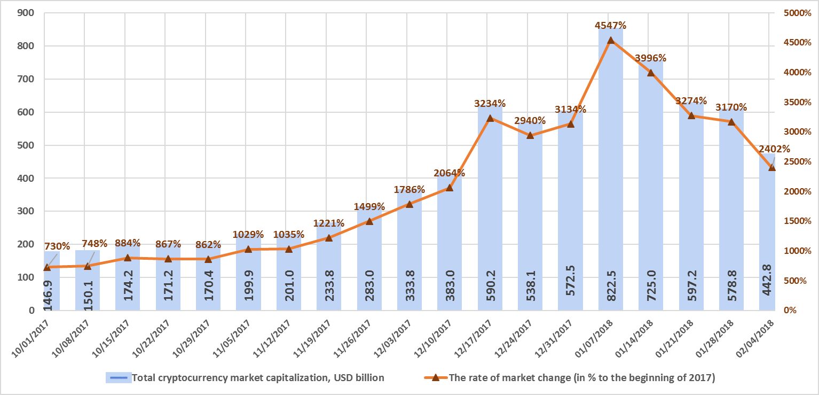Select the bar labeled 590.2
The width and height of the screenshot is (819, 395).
coord(490,214)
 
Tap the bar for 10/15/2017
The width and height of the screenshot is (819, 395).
coord(128,278)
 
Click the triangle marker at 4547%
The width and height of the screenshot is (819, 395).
coord(611,40)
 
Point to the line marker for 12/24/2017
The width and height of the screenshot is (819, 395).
coord(530,135)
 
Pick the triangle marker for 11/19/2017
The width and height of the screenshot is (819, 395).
coord(329,238)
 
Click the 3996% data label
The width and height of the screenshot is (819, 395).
coord(651,58)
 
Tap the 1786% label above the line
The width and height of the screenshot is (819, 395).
coord(409,189)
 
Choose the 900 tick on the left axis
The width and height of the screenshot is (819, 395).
coord(25,13)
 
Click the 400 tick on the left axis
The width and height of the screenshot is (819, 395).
coord(25,178)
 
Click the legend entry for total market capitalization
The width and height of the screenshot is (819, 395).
coord(246,378)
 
